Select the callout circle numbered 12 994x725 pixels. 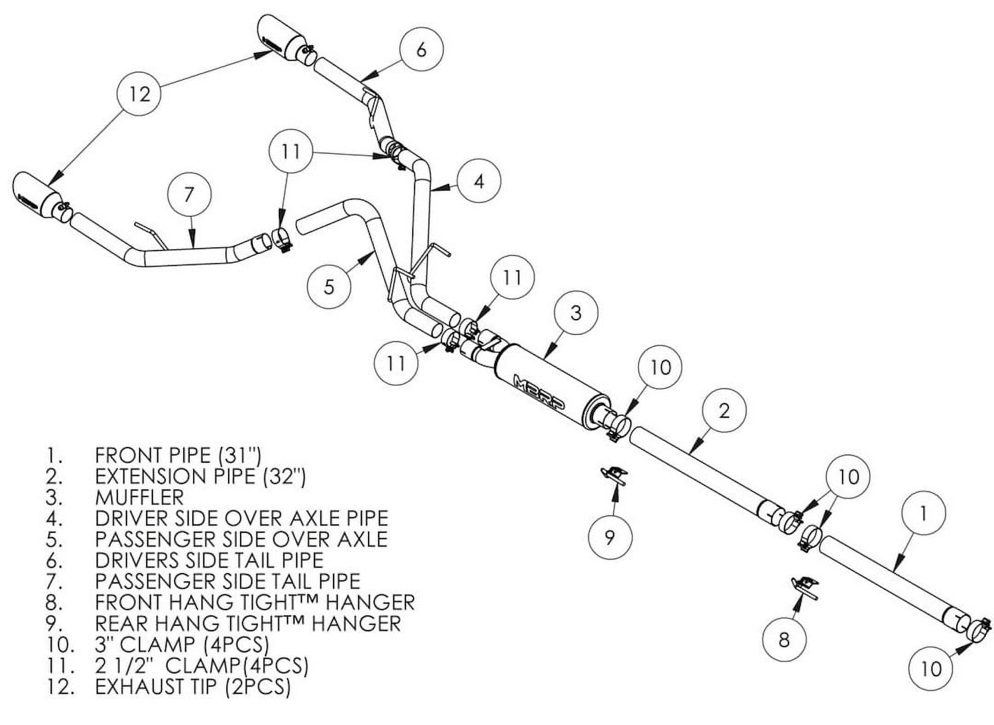pos(139,94)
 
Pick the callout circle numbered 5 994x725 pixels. pos(329,286)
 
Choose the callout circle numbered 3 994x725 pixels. pos(576,313)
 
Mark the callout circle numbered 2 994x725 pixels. pos(724,410)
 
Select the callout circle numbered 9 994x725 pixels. pos(610,537)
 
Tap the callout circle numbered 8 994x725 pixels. pos(784,639)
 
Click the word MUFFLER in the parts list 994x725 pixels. pos(139,497)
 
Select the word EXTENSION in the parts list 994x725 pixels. pos(151,476)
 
